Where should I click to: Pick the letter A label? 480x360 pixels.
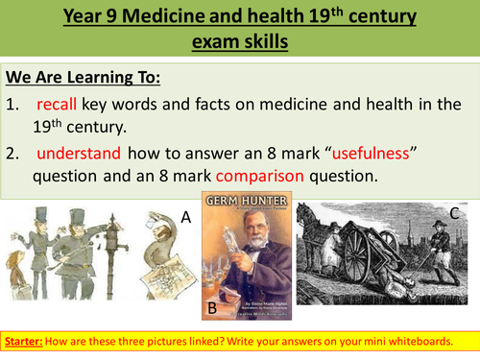click(188, 220)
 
